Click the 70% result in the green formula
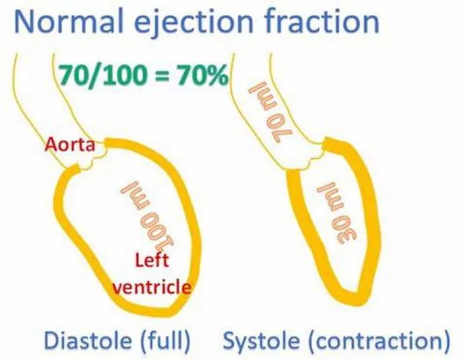click(x=202, y=75)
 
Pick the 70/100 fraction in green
click(x=103, y=75)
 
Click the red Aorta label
click(x=70, y=145)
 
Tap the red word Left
click(x=152, y=260)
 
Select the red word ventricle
click(x=152, y=286)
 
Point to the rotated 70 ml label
click(x=272, y=113)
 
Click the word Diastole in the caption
click(x=88, y=341)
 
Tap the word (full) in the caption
click(x=166, y=341)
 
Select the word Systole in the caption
click(x=261, y=342)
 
